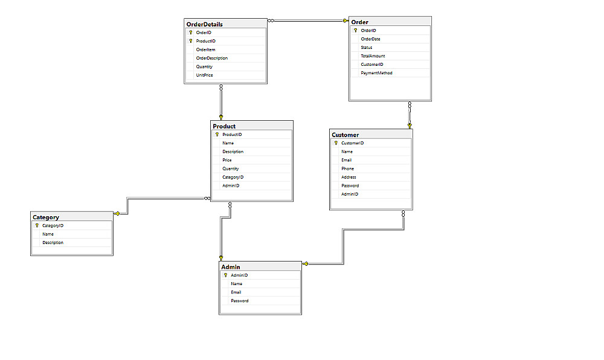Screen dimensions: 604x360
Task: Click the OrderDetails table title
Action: pos(205,24)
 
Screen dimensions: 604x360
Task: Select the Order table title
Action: pos(360,22)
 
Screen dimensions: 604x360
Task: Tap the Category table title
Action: pos(46,217)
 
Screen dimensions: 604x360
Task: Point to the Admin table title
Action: pos(231,267)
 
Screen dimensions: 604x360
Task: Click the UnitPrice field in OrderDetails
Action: pos(204,75)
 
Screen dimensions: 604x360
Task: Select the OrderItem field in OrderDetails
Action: pos(206,50)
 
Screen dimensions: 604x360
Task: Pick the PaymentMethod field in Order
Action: pos(376,72)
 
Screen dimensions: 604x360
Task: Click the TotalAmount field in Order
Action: pos(373,56)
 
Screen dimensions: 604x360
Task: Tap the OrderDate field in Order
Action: pos(371,39)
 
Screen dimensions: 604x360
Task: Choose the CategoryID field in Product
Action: pos(233,177)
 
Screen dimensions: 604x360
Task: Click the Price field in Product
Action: pos(227,160)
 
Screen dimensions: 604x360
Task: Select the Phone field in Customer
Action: pos(347,169)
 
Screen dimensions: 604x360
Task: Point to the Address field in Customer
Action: pos(349,177)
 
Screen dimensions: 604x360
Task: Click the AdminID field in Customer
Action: pos(350,194)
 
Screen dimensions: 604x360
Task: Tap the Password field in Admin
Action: pos(240,301)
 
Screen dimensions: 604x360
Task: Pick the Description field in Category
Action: pos(53,243)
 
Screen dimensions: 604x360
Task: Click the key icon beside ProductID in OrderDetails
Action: pos(191,41)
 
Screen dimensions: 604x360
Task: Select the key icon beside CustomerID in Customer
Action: pos(336,143)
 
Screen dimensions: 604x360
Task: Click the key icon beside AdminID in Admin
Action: pos(225,275)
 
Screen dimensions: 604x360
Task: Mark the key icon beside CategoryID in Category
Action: pos(37,226)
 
